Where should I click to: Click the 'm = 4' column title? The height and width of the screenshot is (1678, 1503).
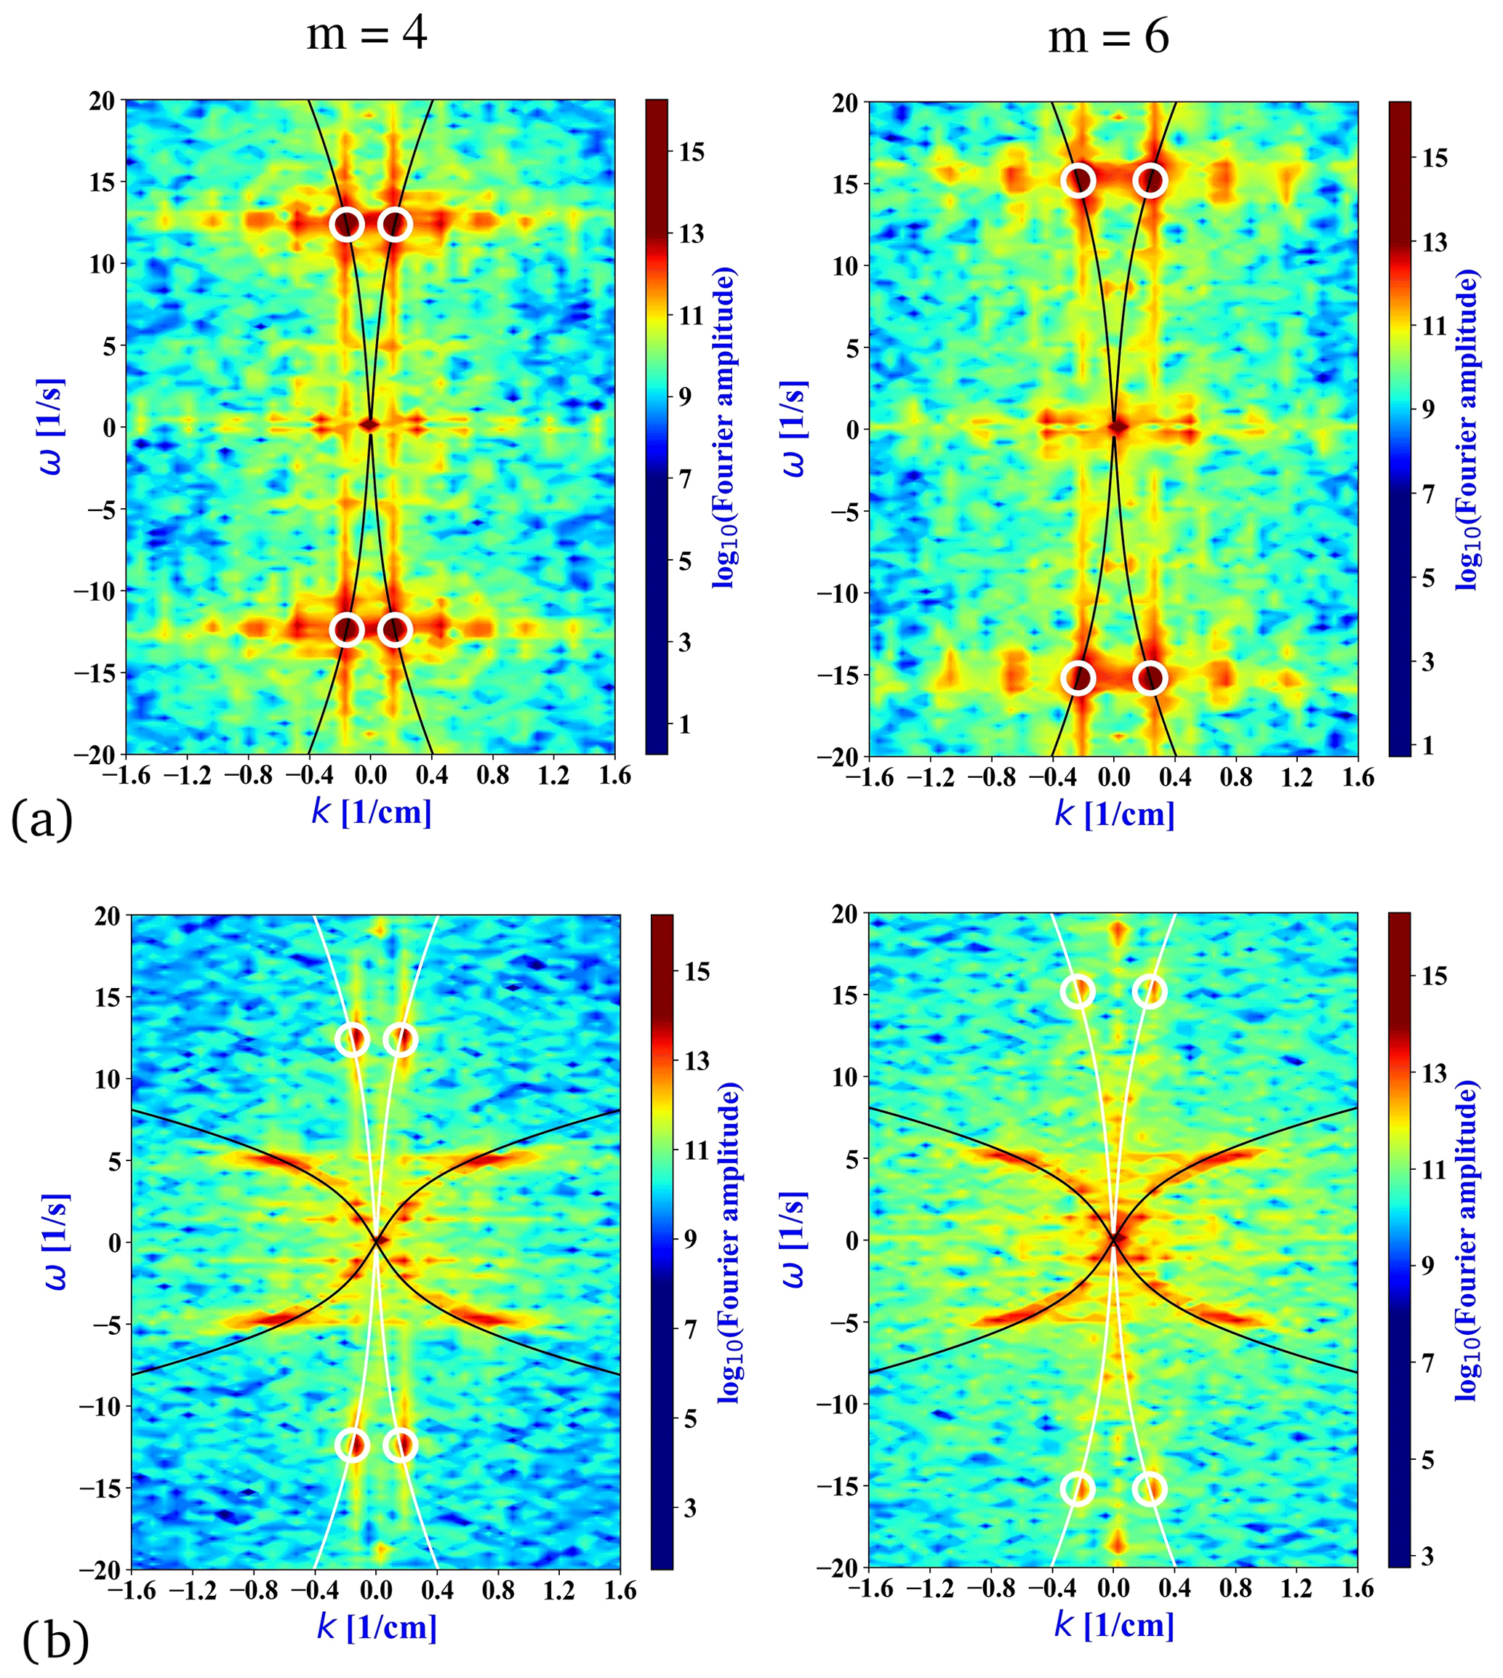pyautogui.click(x=366, y=36)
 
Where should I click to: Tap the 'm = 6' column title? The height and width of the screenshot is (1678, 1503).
pyautogui.click(x=1108, y=37)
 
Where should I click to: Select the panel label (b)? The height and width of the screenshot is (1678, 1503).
pyautogui.click(x=55, y=1639)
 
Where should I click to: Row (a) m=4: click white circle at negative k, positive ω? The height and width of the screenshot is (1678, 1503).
pyautogui.click(x=347, y=224)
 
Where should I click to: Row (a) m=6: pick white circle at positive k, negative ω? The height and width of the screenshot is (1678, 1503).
pyautogui.click(x=1150, y=678)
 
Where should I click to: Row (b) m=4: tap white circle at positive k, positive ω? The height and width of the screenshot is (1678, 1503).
pyautogui.click(x=401, y=1039)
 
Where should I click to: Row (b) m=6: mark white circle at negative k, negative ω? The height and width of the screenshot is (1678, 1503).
pyautogui.click(x=1078, y=1489)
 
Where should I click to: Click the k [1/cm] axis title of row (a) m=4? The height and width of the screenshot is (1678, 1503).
pyautogui.click(x=372, y=813)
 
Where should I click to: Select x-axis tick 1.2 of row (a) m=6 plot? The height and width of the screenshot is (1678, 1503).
pyautogui.click(x=1297, y=777)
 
